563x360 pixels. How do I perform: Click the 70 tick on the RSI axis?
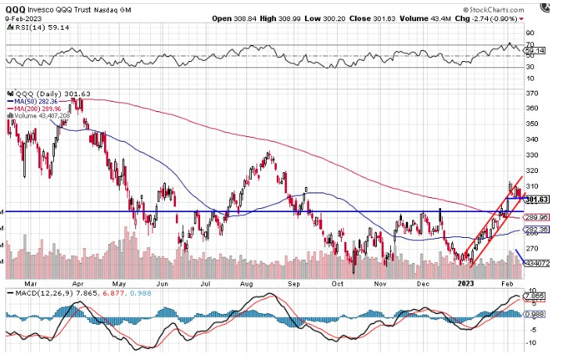(x=529, y=34)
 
